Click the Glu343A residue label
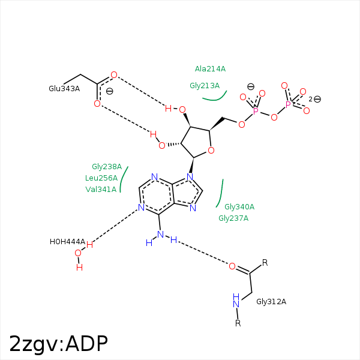(x=64, y=89)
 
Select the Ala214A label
(x=210, y=68)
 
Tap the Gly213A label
(x=205, y=86)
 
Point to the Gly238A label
(x=107, y=166)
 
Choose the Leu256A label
(x=101, y=178)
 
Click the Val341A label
(x=101, y=189)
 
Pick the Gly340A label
(x=239, y=207)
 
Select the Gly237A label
(x=233, y=218)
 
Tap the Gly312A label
(x=271, y=301)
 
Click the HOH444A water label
(x=67, y=242)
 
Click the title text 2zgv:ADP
(x=58, y=344)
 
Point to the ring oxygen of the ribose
(x=211, y=151)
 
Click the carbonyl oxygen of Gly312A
(x=232, y=266)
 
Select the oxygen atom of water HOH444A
(x=78, y=253)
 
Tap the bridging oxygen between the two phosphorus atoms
(x=274, y=118)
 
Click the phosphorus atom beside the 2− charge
(x=288, y=104)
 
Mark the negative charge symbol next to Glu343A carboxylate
(x=110, y=91)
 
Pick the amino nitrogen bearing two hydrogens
(x=160, y=235)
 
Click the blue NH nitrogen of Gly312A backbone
(x=236, y=304)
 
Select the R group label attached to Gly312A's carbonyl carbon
(x=265, y=262)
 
